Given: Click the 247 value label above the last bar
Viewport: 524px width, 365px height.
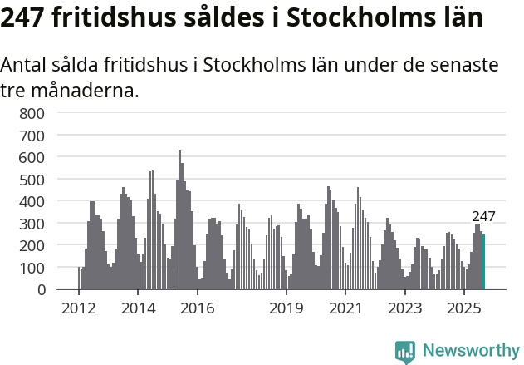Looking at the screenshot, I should [x=483, y=217].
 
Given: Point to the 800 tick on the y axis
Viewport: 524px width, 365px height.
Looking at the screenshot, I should [x=32, y=113].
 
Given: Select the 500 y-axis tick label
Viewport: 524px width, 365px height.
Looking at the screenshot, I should [x=32, y=179].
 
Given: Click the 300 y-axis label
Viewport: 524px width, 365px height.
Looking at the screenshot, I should [x=32, y=224].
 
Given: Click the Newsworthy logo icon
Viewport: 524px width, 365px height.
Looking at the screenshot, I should [x=405, y=351].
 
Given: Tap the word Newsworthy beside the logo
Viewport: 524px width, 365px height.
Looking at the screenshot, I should [x=471, y=351].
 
